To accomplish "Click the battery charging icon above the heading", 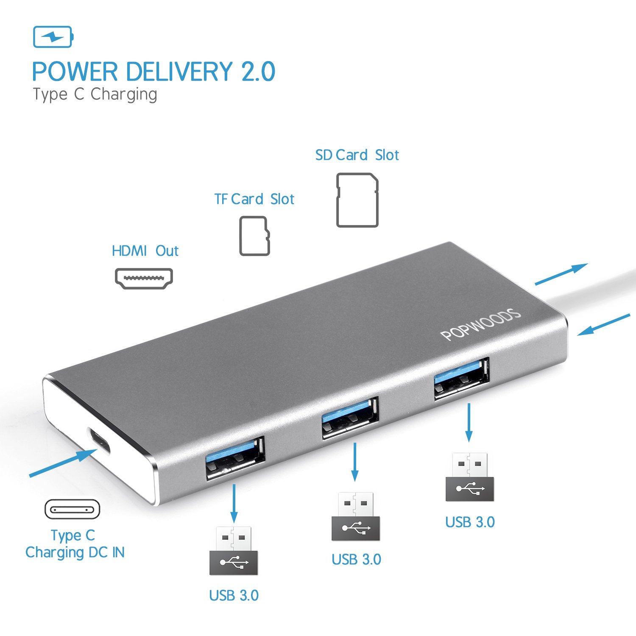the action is coord(53,37).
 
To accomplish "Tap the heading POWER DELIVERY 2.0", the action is coord(154,71).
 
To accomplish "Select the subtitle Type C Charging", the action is coord(95,95).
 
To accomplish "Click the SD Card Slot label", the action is coord(357,155).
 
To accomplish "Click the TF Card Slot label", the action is coord(254,199).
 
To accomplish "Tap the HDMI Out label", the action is coord(145,251).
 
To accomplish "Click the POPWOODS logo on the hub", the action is coord(480,325).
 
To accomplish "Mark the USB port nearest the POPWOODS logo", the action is coord(461,379).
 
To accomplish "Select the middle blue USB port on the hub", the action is coord(350,418).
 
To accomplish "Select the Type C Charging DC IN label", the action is coord(75,544).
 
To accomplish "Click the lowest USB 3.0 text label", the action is coord(234,596).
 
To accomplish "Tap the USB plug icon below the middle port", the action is coord(356,516).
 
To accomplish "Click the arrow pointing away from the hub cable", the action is coord(561,274).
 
